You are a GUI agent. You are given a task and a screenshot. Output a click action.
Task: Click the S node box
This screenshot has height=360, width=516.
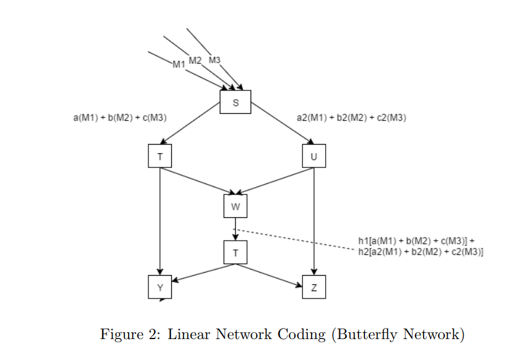(x=235, y=102)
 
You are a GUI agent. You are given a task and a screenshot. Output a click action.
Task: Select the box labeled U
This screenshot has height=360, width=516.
(x=314, y=156)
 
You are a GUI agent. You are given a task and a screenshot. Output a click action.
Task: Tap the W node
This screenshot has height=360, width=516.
(x=235, y=206)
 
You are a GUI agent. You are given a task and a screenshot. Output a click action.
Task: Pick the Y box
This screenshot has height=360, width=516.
(x=160, y=287)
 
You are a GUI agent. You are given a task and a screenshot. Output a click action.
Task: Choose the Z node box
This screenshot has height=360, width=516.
(x=314, y=287)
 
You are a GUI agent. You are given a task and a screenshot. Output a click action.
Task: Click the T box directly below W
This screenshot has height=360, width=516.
(x=235, y=252)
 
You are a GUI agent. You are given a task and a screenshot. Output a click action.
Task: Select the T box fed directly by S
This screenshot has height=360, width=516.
(x=160, y=156)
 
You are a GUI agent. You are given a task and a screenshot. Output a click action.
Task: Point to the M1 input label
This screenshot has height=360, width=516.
(x=179, y=65)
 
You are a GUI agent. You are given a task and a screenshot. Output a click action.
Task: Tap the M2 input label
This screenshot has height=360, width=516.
(x=195, y=60)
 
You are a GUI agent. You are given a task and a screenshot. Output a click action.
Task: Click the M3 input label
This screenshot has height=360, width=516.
(x=214, y=60)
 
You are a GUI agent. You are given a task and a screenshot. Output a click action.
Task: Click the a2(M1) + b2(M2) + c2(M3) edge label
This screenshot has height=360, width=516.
(x=352, y=118)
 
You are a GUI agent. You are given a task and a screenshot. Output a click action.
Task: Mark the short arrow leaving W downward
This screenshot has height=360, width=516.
(x=235, y=229)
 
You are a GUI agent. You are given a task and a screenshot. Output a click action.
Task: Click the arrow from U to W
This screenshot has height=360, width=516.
(x=275, y=180)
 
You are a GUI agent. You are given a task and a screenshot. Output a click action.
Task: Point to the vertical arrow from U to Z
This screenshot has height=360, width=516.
(x=314, y=222)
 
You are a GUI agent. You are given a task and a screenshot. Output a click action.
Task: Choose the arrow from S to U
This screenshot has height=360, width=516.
(x=283, y=123)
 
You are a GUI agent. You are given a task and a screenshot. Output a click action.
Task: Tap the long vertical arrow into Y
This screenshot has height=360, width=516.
(x=160, y=222)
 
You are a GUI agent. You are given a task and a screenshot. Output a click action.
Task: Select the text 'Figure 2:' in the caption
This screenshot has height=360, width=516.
(x=131, y=334)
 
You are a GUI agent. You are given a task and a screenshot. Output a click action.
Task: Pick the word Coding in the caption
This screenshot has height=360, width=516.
(x=302, y=335)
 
